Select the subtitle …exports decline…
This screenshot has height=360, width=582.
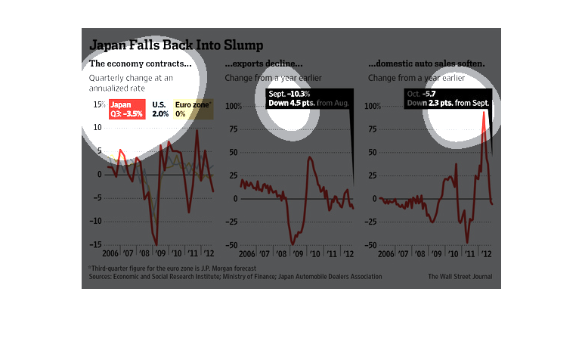[x=264, y=64]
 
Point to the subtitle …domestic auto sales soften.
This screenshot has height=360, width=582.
[x=426, y=64]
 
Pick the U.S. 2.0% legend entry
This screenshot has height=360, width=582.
[x=160, y=109]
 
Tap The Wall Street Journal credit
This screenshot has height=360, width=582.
[x=460, y=277]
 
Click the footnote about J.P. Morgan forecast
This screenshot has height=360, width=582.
[x=172, y=268]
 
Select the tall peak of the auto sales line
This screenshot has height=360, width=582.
[x=483, y=114]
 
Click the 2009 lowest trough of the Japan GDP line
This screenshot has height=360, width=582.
[x=157, y=244]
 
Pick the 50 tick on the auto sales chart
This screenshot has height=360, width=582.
[x=373, y=152]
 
